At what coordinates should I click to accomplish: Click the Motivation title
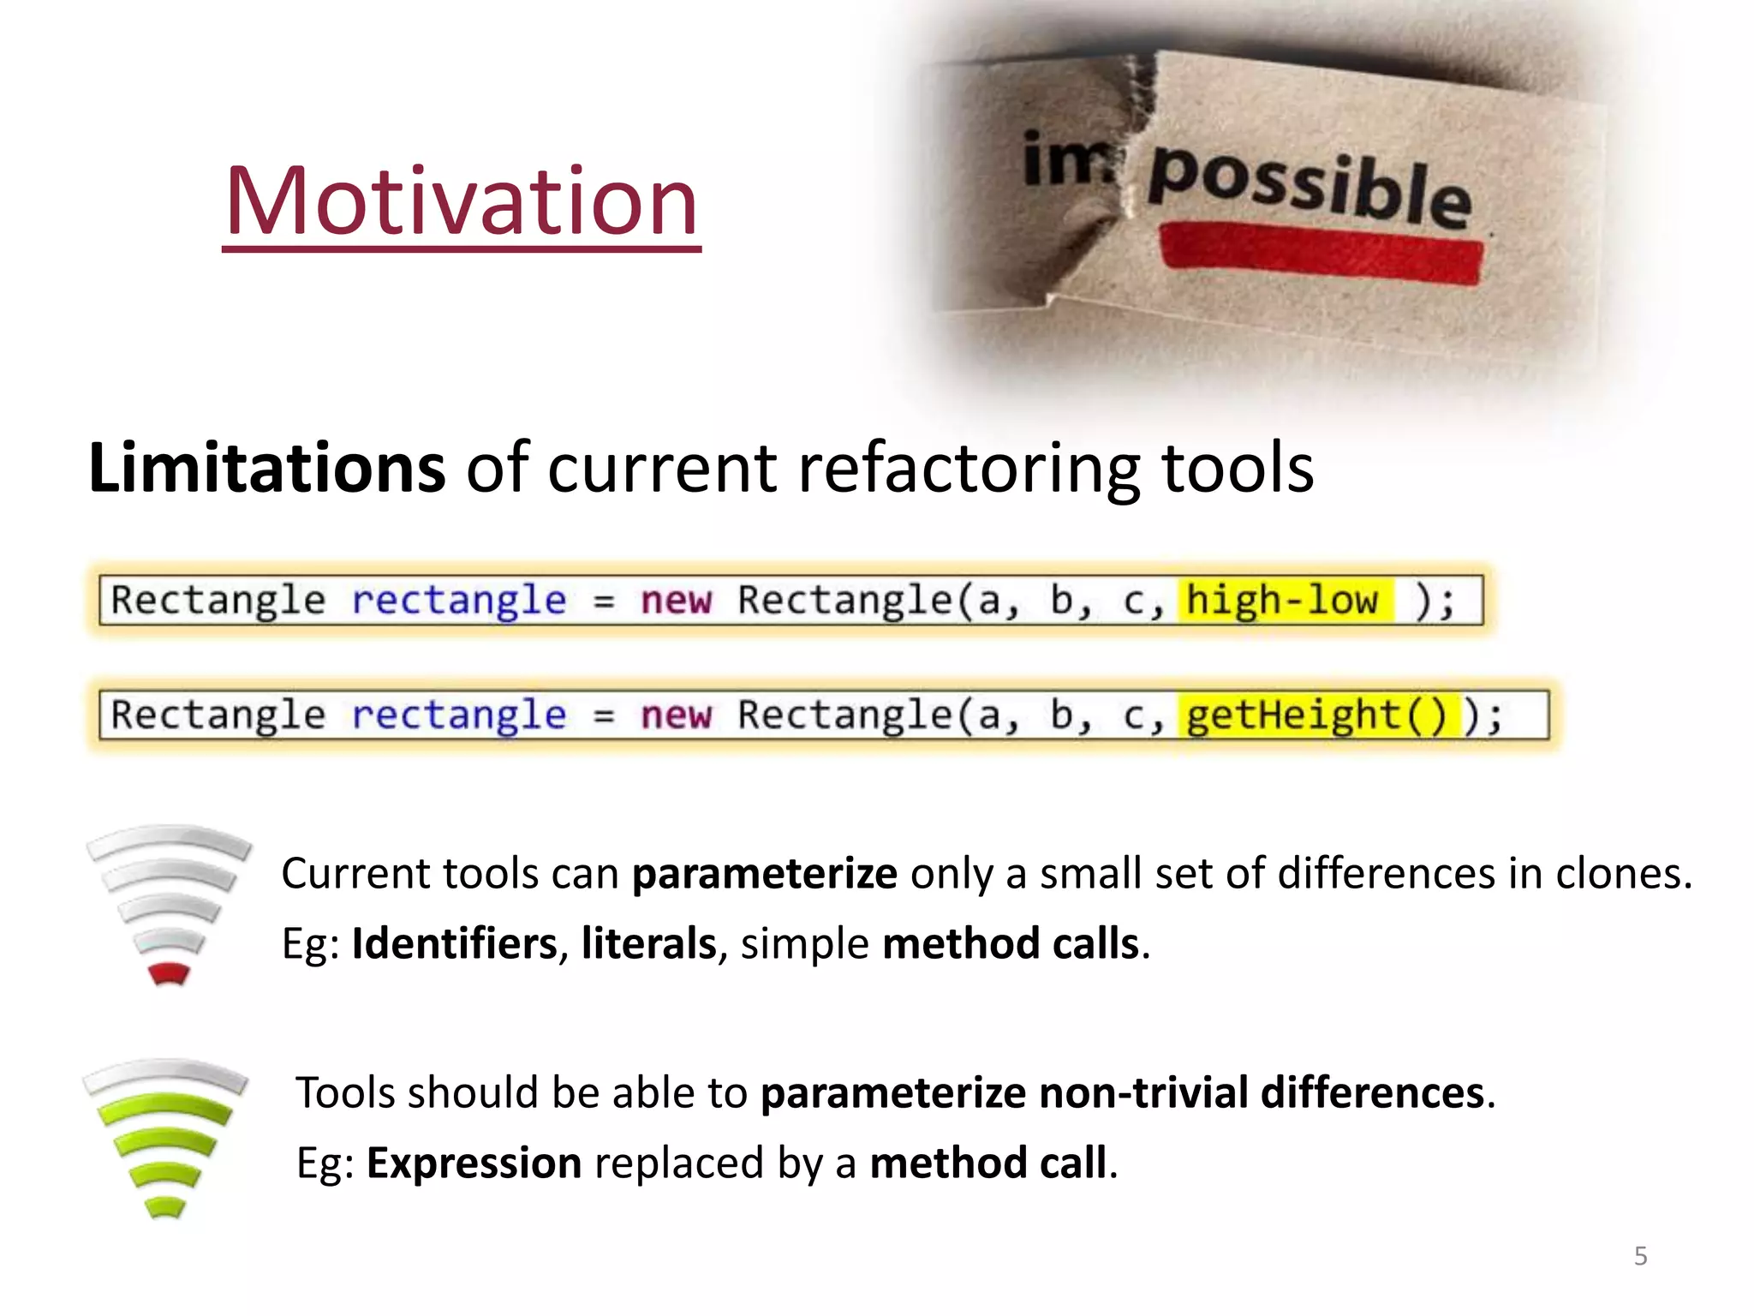(462, 202)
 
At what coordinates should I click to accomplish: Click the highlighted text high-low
(1282, 600)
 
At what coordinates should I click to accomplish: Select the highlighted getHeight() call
(1316, 715)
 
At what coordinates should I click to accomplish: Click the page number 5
(1640, 1256)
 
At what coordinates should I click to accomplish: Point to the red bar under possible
(1321, 254)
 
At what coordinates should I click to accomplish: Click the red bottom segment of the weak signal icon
(169, 974)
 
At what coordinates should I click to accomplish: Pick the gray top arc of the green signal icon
(165, 1074)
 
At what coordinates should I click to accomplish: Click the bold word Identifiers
(454, 943)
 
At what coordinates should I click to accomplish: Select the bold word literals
(648, 943)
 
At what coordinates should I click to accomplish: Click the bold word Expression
(474, 1163)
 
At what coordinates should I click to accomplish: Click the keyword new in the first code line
(676, 600)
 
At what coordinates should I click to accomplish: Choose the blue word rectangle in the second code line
(458, 715)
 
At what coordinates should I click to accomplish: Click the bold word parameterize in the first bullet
(764, 873)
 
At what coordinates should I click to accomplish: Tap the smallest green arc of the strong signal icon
(165, 1206)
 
